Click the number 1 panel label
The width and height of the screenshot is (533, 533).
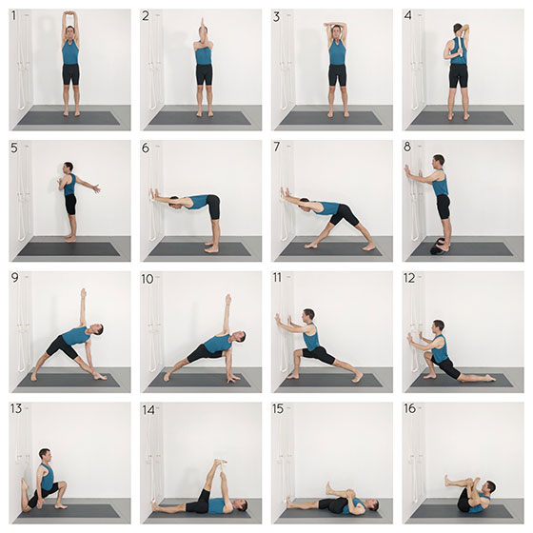tap(14, 15)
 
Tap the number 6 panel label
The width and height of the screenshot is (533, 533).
tap(146, 148)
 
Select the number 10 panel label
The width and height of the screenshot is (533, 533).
tap(148, 279)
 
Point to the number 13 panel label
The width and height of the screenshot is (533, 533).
tap(16, 408)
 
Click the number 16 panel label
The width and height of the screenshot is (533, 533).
tap(409, 408)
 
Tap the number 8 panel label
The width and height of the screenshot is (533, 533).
tap(407, 147)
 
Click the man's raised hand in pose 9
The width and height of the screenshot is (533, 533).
tap(84, 292)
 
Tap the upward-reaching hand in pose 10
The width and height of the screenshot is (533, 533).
tap(228, 299)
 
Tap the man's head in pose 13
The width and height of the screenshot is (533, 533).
tap(45, 455)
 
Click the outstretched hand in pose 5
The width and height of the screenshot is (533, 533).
tap(96, 188)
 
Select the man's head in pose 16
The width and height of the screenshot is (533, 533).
tap(490, 487)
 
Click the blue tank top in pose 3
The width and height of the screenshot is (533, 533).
tap(337, 51)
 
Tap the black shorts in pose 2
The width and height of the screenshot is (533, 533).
tap(204, 75)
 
